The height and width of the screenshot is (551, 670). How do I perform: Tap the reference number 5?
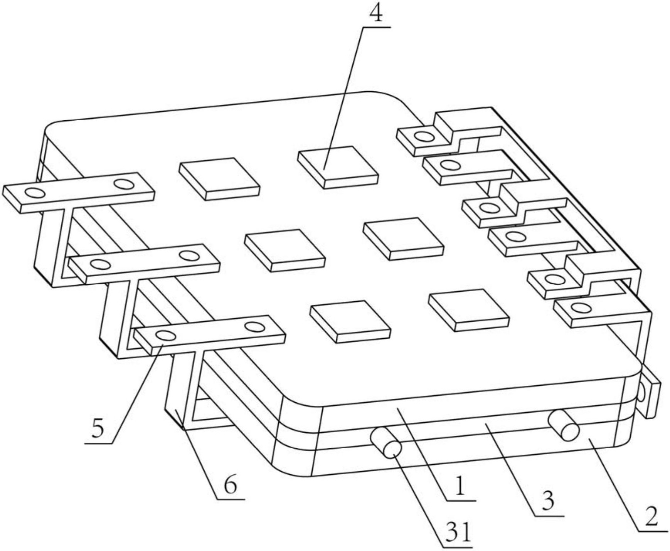(98, 428)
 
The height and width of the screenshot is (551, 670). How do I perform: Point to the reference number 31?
(458, 533)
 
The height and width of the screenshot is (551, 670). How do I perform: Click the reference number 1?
(460, 487)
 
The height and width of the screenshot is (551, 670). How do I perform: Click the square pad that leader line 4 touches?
(338, 167)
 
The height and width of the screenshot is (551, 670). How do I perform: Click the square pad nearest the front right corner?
(469, 310)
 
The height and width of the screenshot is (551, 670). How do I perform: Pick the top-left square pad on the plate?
(219, 179)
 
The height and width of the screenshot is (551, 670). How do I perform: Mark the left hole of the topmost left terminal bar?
(35, 192)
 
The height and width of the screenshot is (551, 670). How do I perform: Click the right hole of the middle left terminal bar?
(189, 256)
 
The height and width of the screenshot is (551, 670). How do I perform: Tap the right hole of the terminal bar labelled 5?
(254, 327)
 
